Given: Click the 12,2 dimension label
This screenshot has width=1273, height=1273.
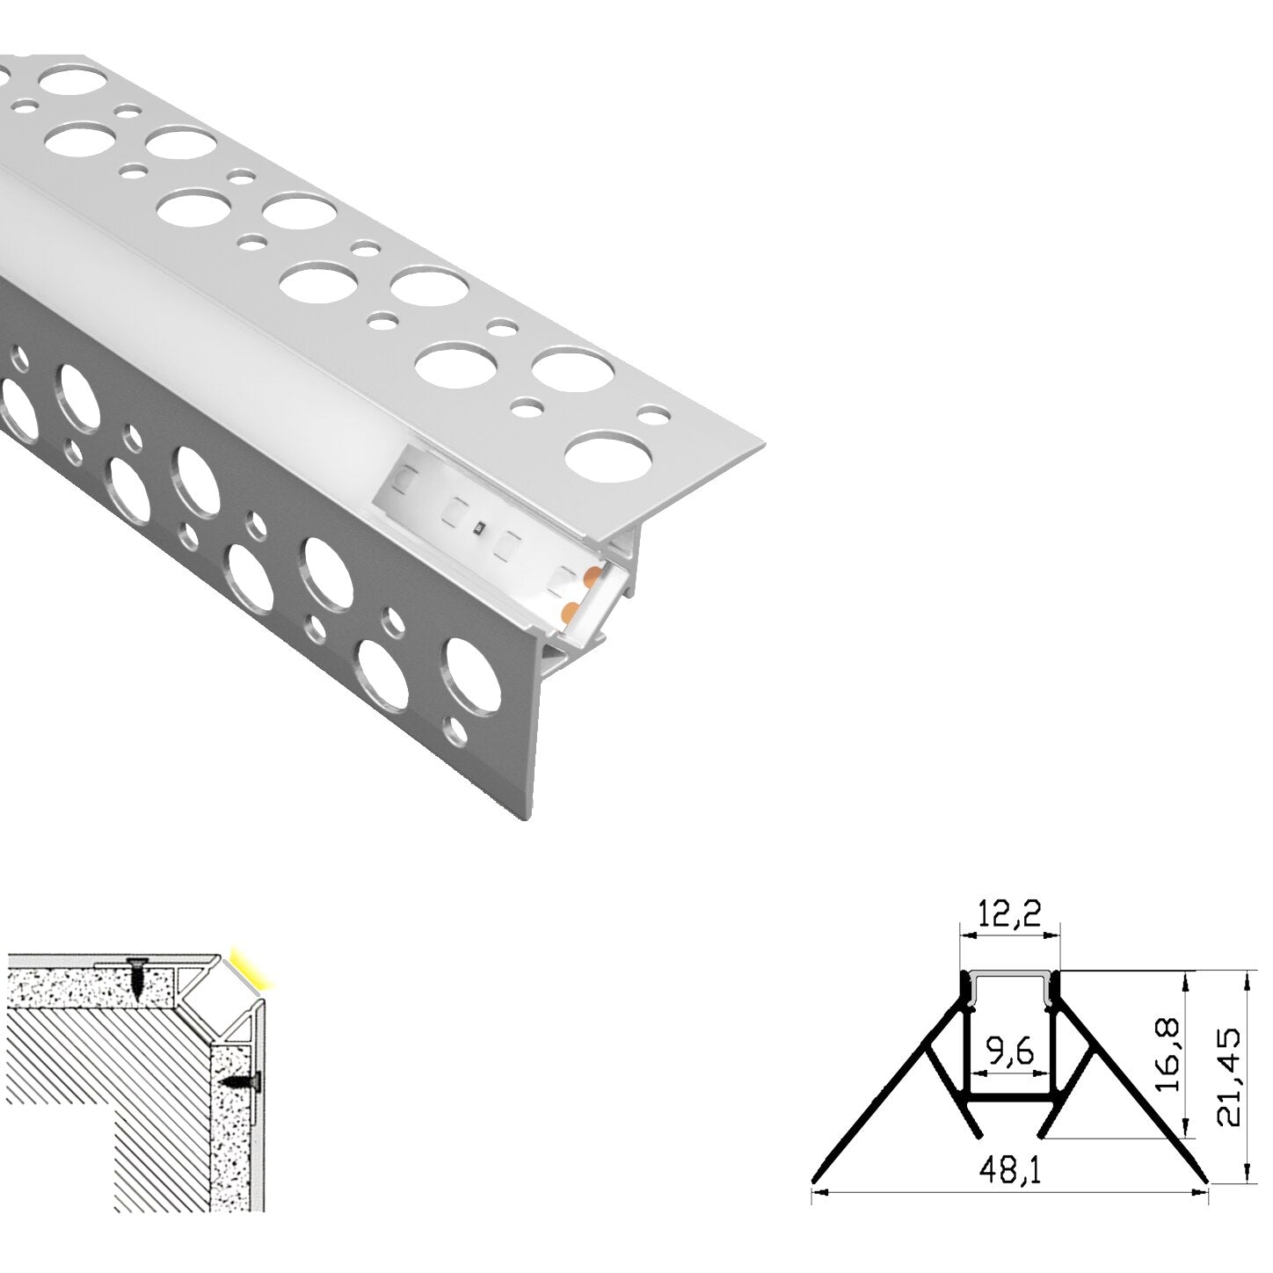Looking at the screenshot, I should pyautogui.click(x=1008, y=916).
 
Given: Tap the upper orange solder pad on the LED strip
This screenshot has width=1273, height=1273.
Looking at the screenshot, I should pyautogui.click(x=592, y=577).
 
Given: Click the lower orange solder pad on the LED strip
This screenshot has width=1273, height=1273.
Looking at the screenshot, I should pyautogui.click(x=568, y=610).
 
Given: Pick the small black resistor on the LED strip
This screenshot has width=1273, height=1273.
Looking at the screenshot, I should pyautogui.click(x=478, y=528).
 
